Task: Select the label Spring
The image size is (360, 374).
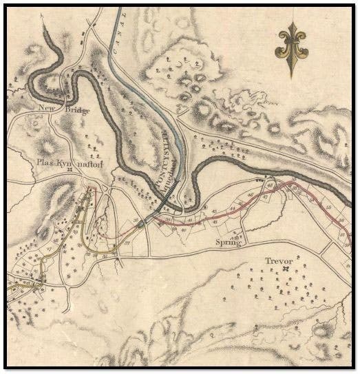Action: [x=229, y=242]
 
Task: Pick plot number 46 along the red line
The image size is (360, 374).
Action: [x=269, y=186]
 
